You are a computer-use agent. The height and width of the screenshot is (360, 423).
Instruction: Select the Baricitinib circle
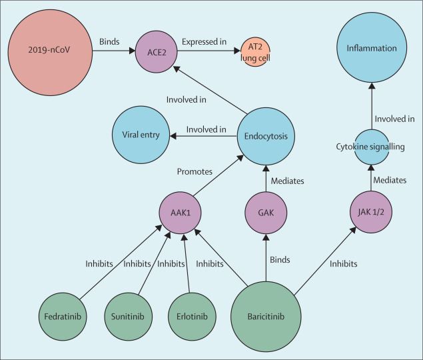(266, 315)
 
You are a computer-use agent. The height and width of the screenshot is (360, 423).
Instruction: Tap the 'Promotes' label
(195, 171)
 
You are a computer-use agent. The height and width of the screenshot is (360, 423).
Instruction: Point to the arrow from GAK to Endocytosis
(266, 176)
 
